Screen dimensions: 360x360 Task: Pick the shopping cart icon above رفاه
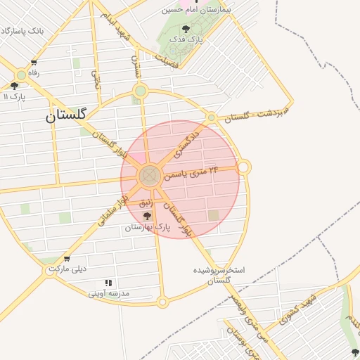(34, 63)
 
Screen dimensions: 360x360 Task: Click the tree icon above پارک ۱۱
(14, 86)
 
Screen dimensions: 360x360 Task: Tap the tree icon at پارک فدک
(186, 29)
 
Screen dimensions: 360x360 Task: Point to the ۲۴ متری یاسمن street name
(191, 172)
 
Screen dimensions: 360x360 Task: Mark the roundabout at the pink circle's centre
(149, 176)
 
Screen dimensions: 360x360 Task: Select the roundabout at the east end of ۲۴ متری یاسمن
(243, 167)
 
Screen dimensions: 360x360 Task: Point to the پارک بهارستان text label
(149, 227)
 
